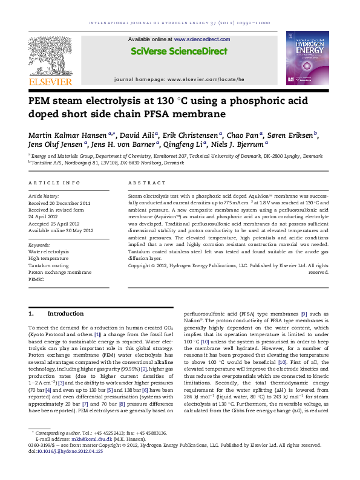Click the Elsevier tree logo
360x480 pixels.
tap(51, 56)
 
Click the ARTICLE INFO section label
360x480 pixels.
tap(54, 182)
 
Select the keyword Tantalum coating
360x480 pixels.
tap(49, 265)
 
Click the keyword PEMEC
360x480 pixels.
tap(38, 280)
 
